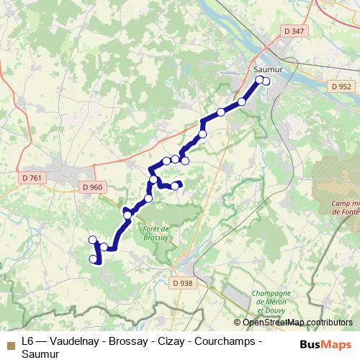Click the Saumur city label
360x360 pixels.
click(266, 70)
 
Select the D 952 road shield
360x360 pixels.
click(341, 86)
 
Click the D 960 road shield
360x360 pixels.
click(93, 187)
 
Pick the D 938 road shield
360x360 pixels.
click(184, 283)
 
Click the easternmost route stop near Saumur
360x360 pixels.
click(266, 81)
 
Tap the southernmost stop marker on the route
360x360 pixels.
click(93, 259)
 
